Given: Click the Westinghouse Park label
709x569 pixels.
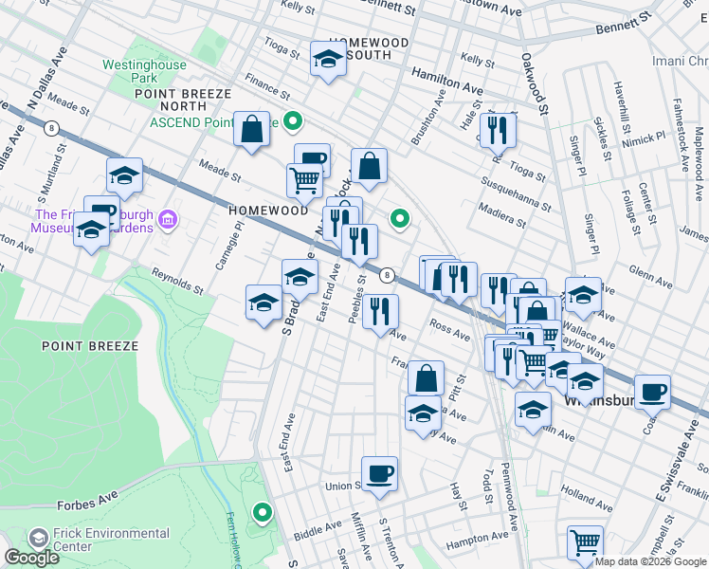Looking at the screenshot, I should point(144,71).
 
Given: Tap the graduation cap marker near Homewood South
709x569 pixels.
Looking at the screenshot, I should point(328,61).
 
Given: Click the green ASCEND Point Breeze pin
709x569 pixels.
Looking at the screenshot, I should point(294,122).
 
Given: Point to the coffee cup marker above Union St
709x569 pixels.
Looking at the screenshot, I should point(379,473).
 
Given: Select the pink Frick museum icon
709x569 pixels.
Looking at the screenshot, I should point(169,221).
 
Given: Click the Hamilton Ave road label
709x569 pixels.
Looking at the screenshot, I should point(445,79).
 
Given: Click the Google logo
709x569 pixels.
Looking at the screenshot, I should point(31,558).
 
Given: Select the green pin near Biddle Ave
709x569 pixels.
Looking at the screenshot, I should point(263,514).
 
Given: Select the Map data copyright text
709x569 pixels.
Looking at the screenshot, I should point(650,561).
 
